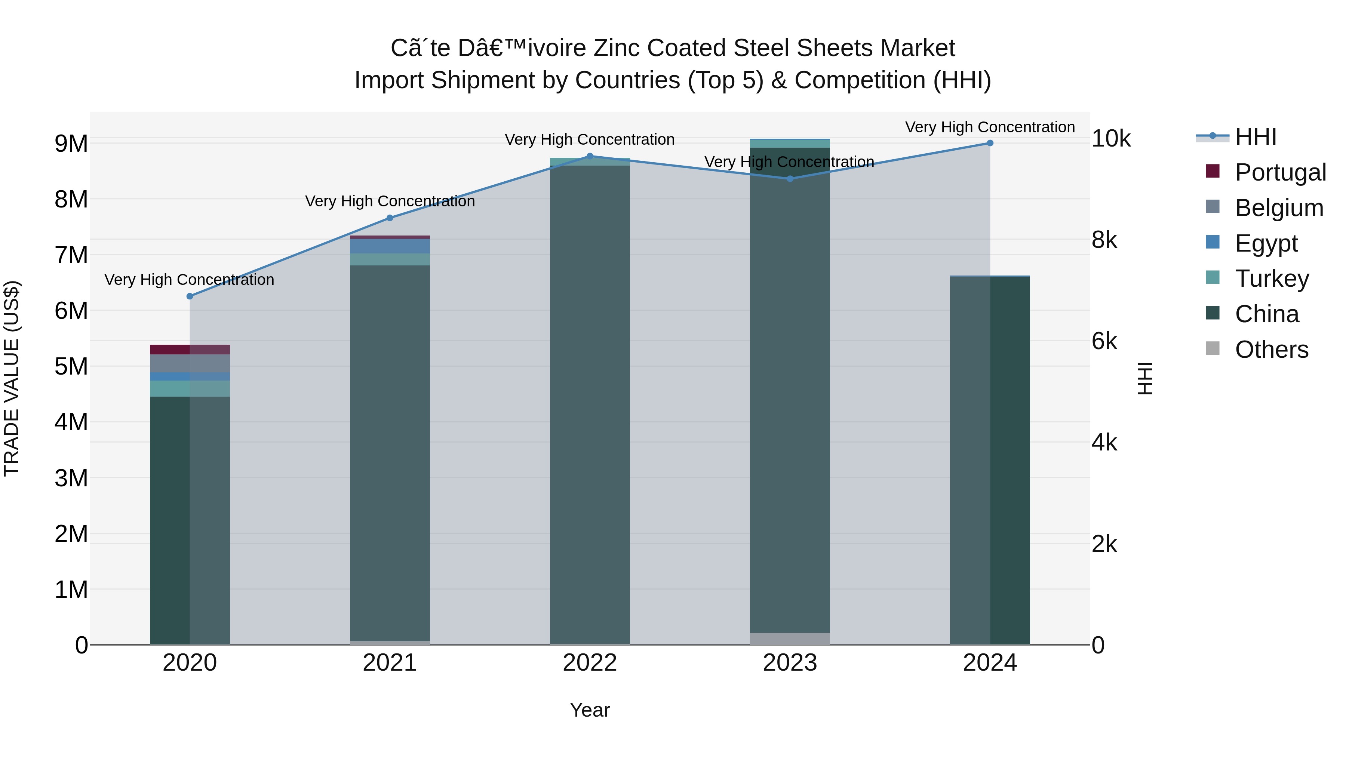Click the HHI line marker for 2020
coord(190,296)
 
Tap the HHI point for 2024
coord(990,143)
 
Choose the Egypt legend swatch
coord(1212,242)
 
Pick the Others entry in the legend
coord(1271,350)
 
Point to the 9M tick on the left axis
coord(71,144)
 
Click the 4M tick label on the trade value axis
coord(71,422)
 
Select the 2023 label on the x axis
coord(790,663)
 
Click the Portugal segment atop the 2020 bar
coord(190,350)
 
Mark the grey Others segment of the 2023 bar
coord(790,638)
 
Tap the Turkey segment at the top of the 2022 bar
coord(590,162)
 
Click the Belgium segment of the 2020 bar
coord(190,363)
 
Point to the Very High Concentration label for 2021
coord(390,201)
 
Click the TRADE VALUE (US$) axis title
coord(12,378)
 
